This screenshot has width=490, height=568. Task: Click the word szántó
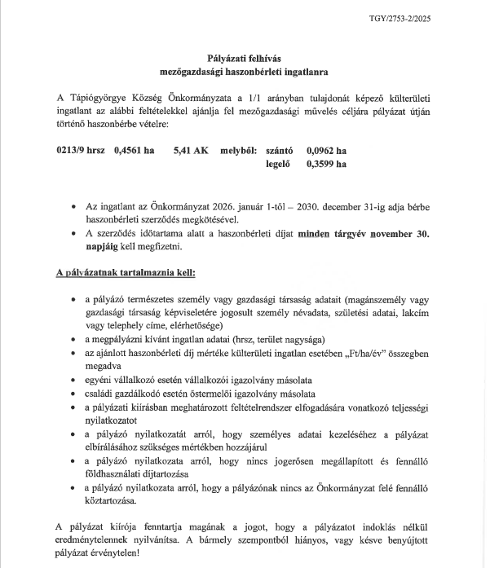click(x=278, y=150)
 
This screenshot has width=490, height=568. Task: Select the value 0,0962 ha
click(x=326, y=150)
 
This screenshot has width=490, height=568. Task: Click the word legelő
click(x=278, y=163)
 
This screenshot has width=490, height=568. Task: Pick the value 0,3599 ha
click(x=326, y=163)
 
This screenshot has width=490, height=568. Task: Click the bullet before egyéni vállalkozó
click(x=74, y=380)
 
